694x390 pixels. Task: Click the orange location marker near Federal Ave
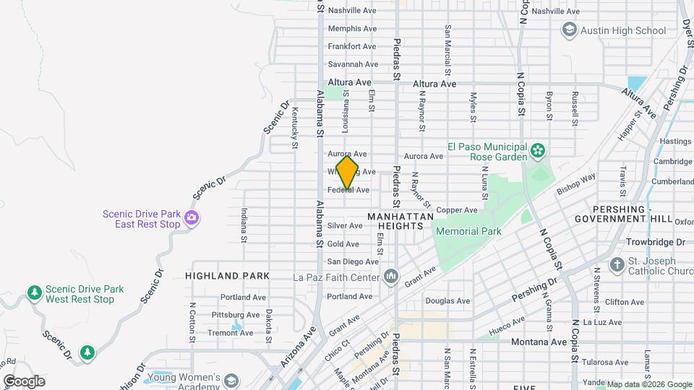347,172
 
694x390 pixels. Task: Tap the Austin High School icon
569,30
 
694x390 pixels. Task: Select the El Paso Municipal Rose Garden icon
537,151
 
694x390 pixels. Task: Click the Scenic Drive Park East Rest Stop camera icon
192,217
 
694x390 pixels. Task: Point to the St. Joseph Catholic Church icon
617,264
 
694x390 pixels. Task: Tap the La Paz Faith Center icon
391,277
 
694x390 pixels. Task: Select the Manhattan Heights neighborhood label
400,221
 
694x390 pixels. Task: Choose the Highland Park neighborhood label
227,276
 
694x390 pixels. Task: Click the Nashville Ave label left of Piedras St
352,11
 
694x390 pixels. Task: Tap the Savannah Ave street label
352,64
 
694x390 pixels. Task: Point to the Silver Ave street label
345,226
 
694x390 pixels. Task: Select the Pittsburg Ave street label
235,315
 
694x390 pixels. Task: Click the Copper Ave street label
457,210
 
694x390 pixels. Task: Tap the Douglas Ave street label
447,301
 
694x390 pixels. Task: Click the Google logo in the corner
24,381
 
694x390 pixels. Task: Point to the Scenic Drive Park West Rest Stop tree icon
34,293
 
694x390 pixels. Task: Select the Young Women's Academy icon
231,381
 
